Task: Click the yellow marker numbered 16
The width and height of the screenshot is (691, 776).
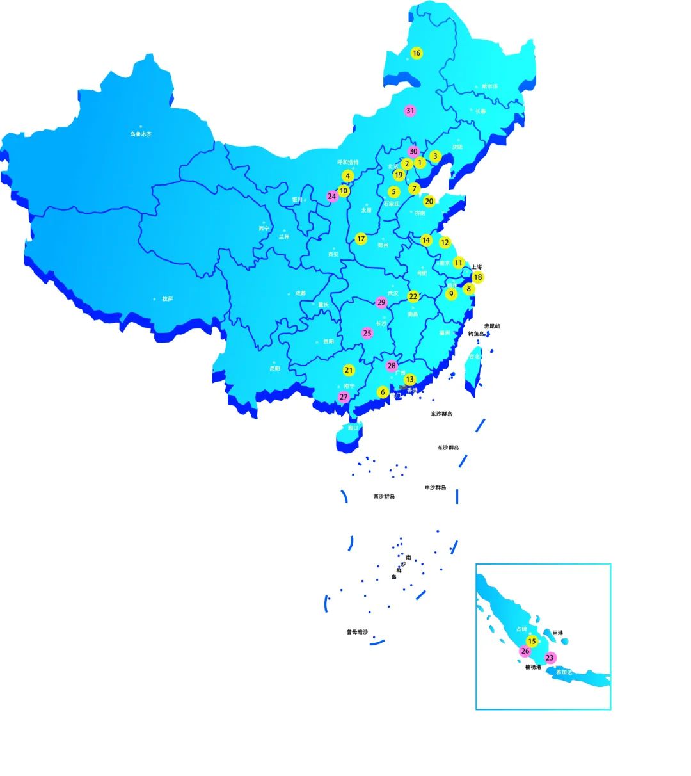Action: point(417,53)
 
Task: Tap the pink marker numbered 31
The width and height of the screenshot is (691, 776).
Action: point(410,111)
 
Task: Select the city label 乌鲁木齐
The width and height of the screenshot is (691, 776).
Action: point(141,134)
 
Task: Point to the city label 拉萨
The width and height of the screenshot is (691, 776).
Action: point(168,299)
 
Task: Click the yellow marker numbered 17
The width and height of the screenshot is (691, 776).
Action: point(361,239)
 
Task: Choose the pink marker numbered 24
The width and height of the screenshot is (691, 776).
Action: point(331,197)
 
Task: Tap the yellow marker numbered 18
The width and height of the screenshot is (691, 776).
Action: point(478,277)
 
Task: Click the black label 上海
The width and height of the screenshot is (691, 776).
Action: point(477,267)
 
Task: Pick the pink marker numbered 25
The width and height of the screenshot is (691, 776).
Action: point(367,333)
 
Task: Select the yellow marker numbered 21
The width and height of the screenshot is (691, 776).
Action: point(349,370)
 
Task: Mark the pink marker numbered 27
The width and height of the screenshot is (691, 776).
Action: point(344,397)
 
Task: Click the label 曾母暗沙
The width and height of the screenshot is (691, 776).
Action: point(357,632)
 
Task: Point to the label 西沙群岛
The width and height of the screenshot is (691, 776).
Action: point(384,496)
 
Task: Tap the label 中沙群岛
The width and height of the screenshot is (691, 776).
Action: point(435,487)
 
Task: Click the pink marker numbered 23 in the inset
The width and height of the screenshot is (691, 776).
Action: point(550,658)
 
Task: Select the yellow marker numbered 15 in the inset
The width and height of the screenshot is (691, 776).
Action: point(532,641)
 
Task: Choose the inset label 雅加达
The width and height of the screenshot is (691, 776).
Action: point(564,672)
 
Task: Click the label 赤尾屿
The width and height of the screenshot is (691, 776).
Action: point(492,326)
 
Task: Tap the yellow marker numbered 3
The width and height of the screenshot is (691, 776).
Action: point(435,156)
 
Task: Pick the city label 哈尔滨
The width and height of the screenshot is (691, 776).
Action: point(489,86)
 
